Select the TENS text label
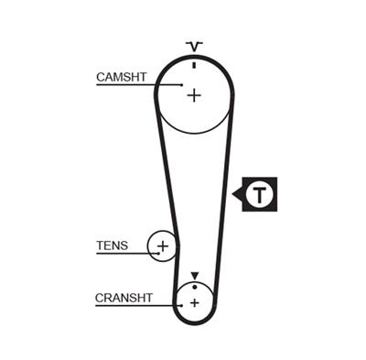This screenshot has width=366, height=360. [113, 245]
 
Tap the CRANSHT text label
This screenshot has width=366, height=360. [124, 298]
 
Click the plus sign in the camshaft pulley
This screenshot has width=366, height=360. [193, 94]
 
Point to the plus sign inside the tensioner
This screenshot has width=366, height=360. [163, 246]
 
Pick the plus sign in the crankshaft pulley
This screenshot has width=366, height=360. [195, 303]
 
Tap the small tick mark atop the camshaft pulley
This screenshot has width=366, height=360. [194, 64]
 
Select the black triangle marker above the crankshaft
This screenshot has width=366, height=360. [194, 276]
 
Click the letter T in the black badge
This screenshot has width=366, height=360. [262, 194]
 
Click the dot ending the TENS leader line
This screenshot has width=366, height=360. [157, 253]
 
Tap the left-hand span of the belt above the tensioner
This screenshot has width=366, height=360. [166, 174]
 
